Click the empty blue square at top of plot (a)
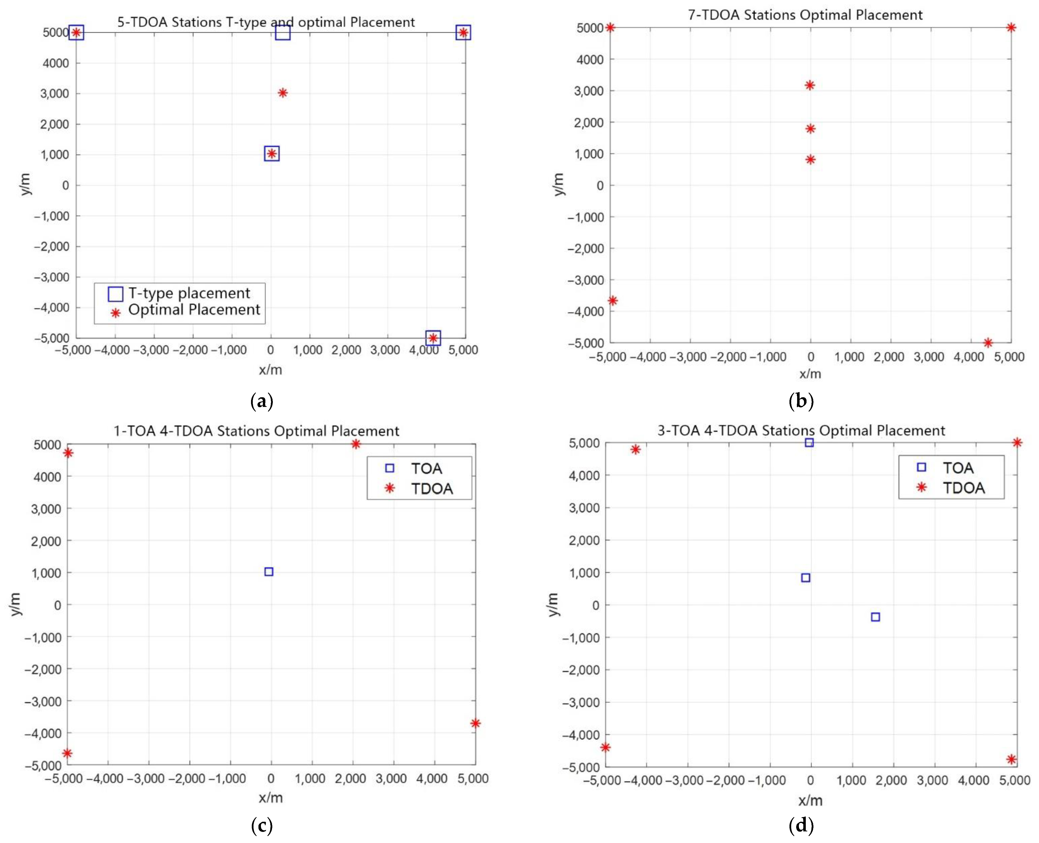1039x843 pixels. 283,33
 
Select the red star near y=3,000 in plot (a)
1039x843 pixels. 283,93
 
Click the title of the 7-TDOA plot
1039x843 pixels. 805,15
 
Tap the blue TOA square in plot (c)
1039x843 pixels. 269,572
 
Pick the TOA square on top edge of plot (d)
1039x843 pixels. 809,442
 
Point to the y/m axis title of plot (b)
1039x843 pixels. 559,184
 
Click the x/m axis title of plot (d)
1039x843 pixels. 810,800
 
